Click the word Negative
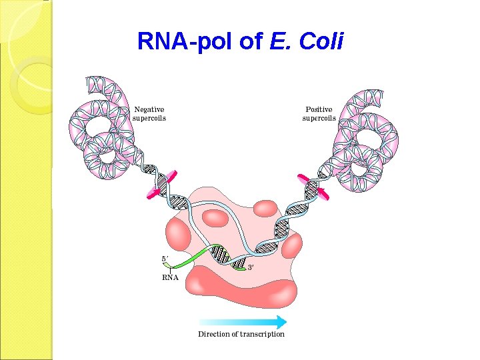(x=149, y=109)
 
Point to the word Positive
(x=319, y=109)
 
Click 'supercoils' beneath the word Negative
(x=149, y=118)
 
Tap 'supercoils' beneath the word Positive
(x=319, y=119)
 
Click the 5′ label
(x=165, y=259)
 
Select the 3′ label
(x=251, y=267)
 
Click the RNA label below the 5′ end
(x=171, y=277)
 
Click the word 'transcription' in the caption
(x=262, y=334)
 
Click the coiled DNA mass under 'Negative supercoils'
(x=100, y=133)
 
